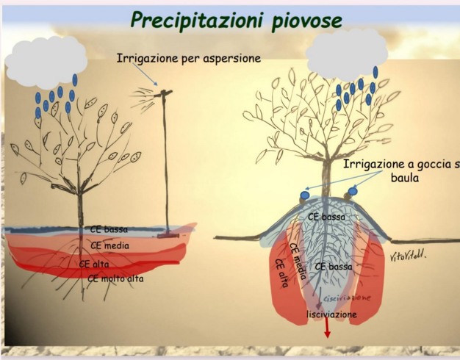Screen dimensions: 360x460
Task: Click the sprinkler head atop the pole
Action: [x=162, y=93]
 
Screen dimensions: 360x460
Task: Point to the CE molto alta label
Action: [x=116, y=278]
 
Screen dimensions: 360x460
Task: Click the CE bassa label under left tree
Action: [x=109, y=229]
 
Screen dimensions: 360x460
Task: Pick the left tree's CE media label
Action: [x=108, y=245]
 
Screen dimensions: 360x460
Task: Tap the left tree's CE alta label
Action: [x=95, y=262]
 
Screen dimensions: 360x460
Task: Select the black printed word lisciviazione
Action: [x=331, y=314]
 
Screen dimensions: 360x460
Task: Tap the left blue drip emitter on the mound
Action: [x=304, y=195]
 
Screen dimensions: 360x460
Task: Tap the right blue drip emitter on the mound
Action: [x=352, y=191]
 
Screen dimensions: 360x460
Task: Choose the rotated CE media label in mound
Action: [x=297, y=258]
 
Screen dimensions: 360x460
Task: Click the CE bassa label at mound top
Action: [x=326, y=217]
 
